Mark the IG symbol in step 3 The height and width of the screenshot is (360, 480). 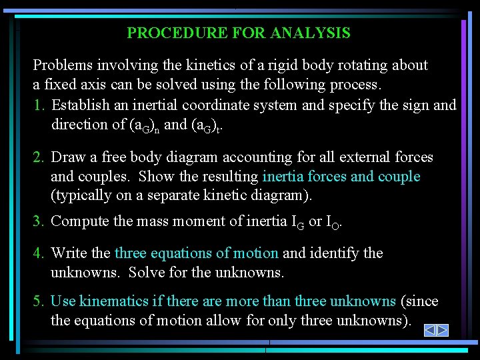click(297, 222)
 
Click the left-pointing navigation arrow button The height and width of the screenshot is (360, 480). click(430, 330)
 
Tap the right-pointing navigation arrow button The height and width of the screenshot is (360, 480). click(442, 330)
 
